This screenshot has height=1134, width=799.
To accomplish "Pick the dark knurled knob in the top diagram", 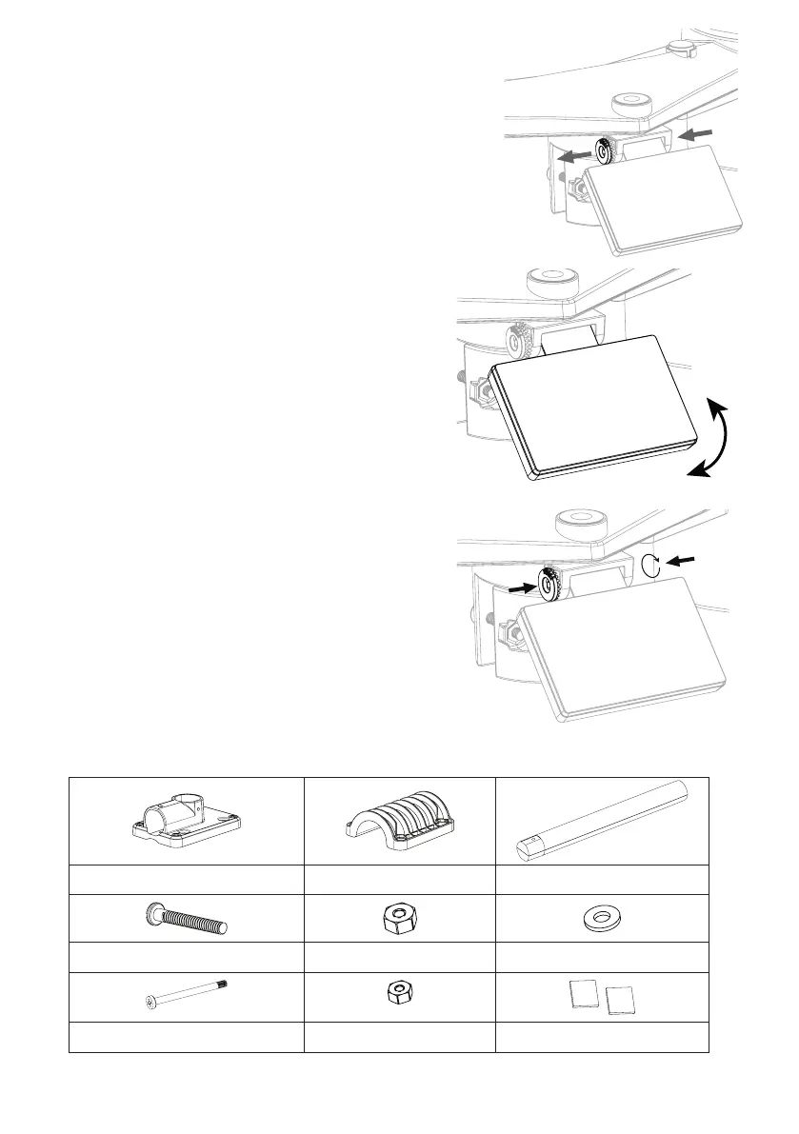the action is [x=607, y=150].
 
